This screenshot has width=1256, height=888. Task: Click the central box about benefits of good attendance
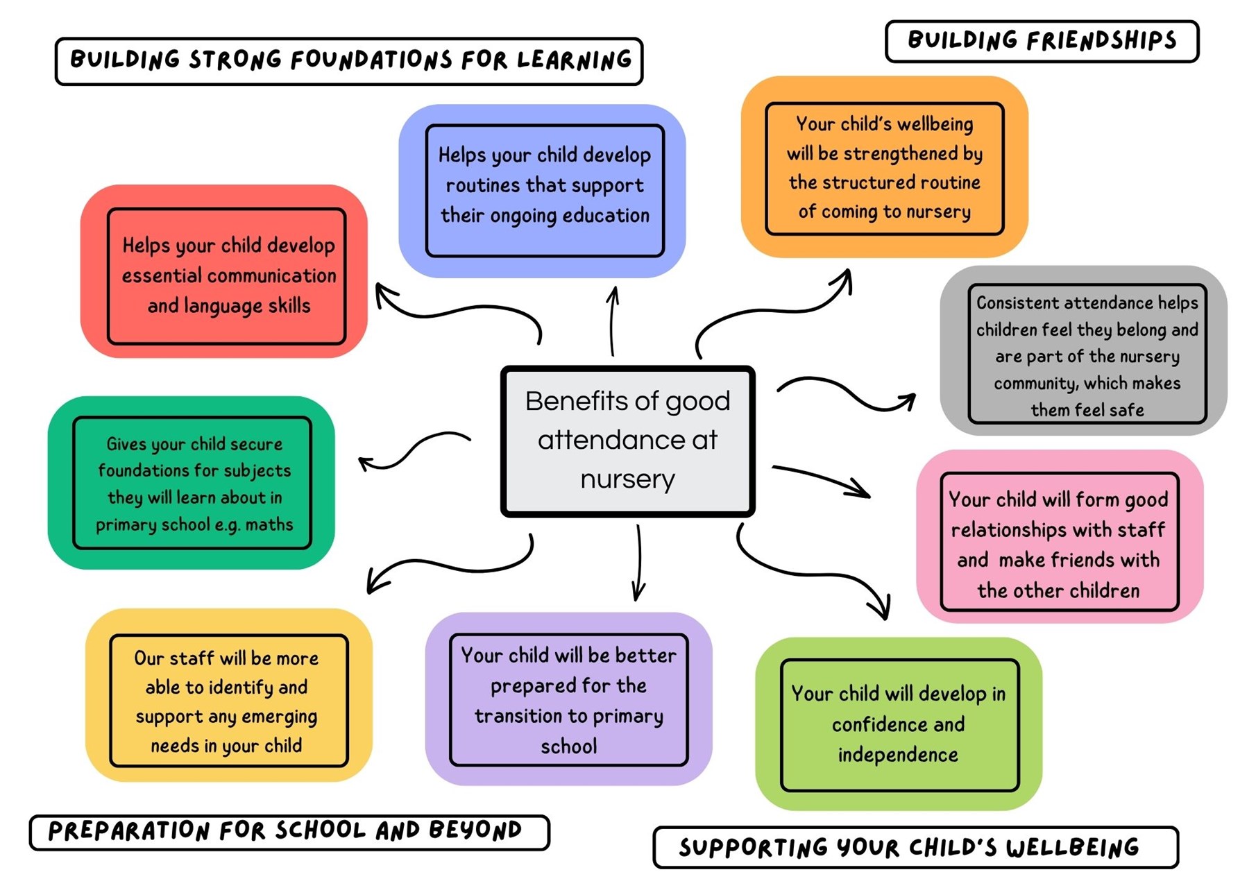[x=627, y=441]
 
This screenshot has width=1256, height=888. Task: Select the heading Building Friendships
[x=1042, y=41]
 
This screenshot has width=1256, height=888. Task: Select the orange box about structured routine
[x=885, y=168]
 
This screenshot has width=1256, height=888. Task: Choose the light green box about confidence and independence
[x=899, y=724]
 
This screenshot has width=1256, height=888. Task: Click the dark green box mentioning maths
[x=192, y=483]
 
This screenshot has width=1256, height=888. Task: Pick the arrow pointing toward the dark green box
[x=412, y=451]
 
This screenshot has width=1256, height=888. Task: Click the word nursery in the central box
[x=627, y=479]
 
